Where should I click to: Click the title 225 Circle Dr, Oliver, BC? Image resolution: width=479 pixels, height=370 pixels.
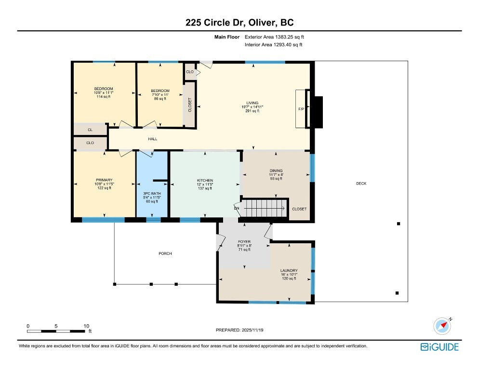tap(239, 23)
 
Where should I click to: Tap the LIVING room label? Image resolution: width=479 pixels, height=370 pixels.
tap(253, 103)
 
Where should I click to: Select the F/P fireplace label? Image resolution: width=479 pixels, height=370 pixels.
tap(301, 109)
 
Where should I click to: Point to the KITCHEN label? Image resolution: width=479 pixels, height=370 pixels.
tap(205, 181)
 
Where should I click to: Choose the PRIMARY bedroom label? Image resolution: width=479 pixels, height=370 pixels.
tap(104, 180)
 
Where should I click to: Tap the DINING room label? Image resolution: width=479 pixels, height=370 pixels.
tap(276, 171)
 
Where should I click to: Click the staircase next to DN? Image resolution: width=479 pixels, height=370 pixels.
tap(264, 208)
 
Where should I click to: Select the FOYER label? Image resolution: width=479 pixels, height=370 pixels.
tap(244, 241)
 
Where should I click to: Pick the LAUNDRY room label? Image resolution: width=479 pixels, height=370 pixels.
tap(289, 271)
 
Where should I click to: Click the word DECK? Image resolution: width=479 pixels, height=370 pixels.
tap(361, 183)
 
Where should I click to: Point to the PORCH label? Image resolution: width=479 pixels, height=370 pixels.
tap(165, 254)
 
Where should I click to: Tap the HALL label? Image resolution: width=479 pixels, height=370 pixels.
tap(152, 139)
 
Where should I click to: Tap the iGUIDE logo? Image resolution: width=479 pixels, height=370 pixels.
tap(439, 347)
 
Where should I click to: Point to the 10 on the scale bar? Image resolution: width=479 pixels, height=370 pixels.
tap(86, 326)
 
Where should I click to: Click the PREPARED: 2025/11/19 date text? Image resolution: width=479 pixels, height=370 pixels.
tap(239, 330)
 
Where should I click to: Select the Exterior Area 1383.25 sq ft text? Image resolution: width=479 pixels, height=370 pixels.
tap(274, 37)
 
